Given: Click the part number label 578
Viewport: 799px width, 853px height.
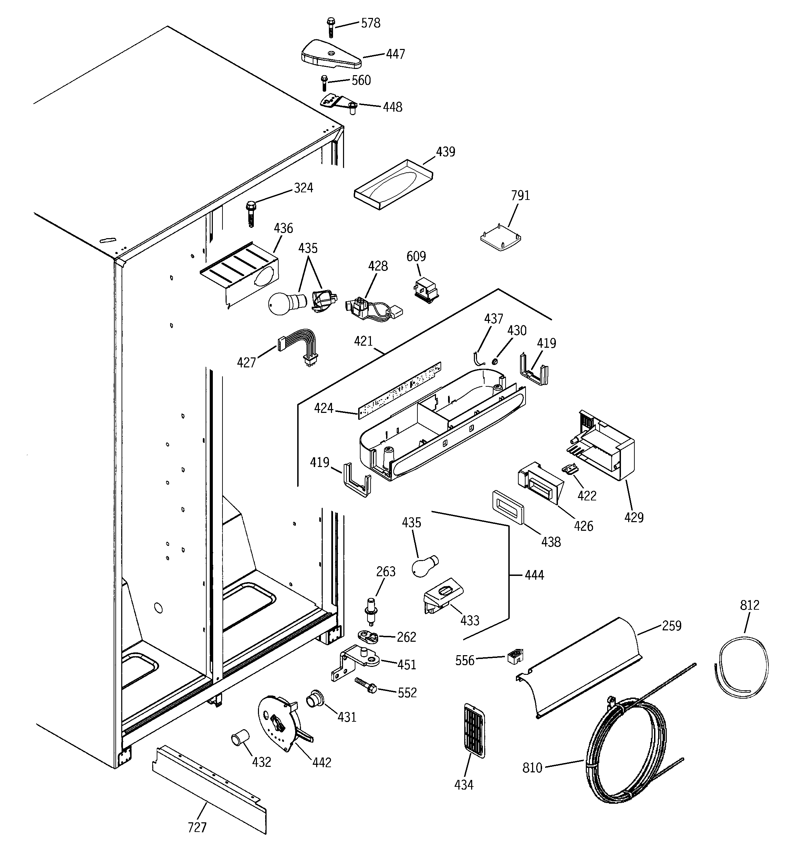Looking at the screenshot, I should [x=370, y=23].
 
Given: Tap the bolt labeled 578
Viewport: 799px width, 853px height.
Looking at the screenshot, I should [x=331, y=27].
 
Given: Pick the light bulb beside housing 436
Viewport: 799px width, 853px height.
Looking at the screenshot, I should [x=286, y=304].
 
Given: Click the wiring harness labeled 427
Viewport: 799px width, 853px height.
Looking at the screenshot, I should [x=299, y=346].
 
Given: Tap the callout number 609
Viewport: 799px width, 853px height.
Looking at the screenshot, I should [x=416, y=256].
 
